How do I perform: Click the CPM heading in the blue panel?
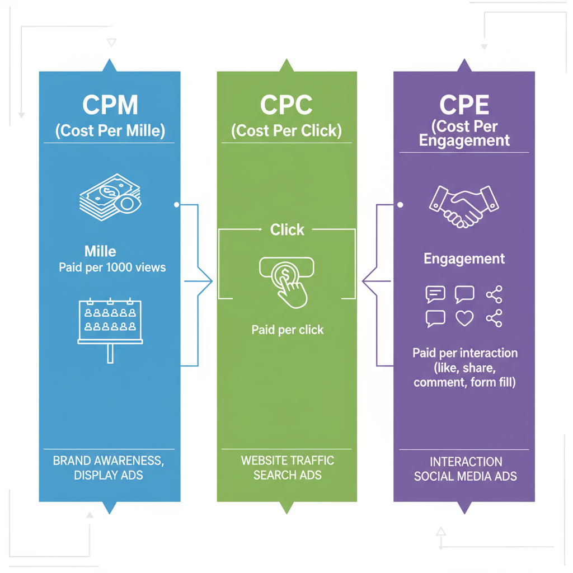pos(110,105)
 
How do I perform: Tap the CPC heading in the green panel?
pos(286,105)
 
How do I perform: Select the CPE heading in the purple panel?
pos(464,105)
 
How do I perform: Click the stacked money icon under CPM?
pos(109,197)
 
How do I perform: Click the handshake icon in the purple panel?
pos(463,205)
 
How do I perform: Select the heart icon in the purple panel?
pos(464,318)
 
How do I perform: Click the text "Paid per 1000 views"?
pos(112,267)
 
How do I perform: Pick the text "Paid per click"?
pos(288,330)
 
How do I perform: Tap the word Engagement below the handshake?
pos(464,259)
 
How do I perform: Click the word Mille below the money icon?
pos(100,251)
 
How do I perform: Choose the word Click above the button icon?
pos(287,229)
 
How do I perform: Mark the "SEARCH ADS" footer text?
pos(287,475)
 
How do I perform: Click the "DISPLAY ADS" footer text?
pos(109,475)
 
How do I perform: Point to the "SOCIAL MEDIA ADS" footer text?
pos(465,477)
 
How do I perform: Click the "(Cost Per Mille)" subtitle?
pos(110,131)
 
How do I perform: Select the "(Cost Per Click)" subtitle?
pos(286,131)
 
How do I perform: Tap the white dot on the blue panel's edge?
pos(177,205)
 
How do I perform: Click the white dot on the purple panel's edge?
pos(400,205)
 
